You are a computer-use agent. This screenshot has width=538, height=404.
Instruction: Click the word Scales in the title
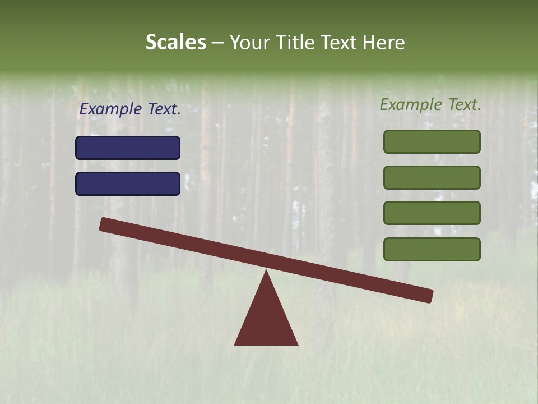175,43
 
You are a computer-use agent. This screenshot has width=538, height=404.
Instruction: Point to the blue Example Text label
130,109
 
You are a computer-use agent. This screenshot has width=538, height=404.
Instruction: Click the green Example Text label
430,104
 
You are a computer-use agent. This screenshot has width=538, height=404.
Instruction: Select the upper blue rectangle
128,148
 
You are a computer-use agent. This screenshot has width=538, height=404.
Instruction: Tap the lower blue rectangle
128,183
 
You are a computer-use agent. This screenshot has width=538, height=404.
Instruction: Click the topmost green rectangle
432,141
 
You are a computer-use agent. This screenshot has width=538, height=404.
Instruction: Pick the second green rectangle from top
432,177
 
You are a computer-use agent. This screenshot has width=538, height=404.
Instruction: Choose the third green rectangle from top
432,213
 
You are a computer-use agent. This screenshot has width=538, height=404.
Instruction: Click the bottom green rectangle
432,249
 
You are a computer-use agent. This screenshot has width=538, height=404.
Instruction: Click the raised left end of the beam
106,224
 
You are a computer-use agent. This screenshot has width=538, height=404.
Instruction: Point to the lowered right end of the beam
426,295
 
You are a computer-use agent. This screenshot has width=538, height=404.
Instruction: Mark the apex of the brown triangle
266,273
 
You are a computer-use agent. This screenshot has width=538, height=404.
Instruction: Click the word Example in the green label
411,104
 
